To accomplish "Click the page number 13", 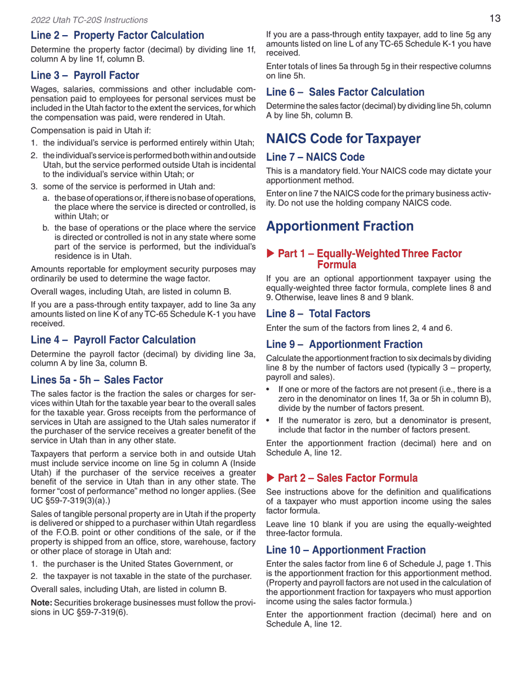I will coord(495,19).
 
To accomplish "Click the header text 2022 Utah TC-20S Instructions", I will coord(89,20).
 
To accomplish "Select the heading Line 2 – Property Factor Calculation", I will coord(117,36).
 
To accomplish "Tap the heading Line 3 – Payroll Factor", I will coord(85,76).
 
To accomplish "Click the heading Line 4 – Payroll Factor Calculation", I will coord(113,340).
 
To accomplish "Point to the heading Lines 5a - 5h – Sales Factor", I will coord(97,380).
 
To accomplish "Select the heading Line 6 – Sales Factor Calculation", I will coord(345,92).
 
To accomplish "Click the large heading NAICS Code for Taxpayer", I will coord(343,138).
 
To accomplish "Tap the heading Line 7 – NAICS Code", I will coord(315,157).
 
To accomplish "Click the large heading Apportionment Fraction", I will coord(340,226).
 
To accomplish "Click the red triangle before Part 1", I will coord(270,254).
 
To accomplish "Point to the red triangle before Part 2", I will coord(270,478).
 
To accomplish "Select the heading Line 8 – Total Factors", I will coord(318,314).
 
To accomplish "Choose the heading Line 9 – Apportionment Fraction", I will coord(344,345).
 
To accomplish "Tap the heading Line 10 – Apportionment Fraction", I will coord(346,550).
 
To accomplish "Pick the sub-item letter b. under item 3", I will coord(46,228).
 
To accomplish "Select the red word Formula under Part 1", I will coord(336,265).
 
